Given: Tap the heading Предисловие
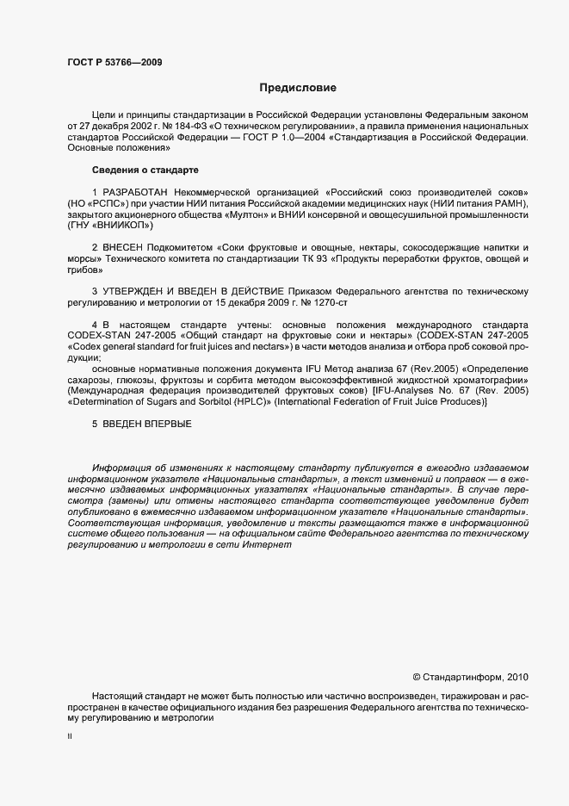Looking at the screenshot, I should pos(298,88).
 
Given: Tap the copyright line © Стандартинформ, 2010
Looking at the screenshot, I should pos(472,677).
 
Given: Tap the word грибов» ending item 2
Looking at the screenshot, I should pos(83,270).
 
